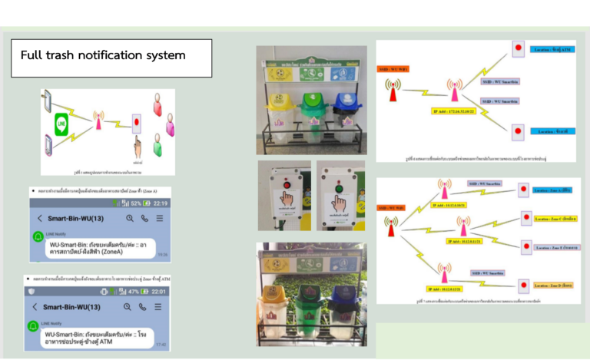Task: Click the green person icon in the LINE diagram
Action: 157,143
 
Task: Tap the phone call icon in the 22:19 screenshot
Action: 144,219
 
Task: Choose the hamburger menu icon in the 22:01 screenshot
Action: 158,307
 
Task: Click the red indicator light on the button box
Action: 285,183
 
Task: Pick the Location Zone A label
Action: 552,190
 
